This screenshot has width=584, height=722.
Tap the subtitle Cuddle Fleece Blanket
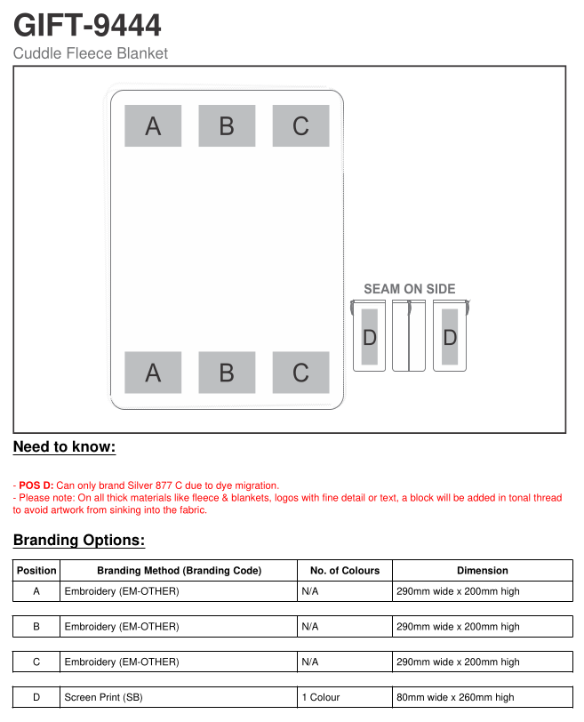click(x=90, y=53)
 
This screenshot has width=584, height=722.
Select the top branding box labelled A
click(x=153, y=126)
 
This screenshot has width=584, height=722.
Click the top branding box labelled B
click(x=227, y=126)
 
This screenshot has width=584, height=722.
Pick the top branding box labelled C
click(x=300, y=126)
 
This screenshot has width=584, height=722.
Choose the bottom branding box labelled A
click(x=153, y=373)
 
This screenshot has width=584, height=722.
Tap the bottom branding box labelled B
click(x=227, y=373)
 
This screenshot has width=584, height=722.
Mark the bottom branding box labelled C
click(x=300, y=373)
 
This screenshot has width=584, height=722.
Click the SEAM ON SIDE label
click(x=409, y=289)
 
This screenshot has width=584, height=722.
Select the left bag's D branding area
click(x=370, y=337)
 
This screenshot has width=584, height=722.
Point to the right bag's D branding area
click(x=450, y=337)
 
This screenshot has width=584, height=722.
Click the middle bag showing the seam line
click(x=409, y=335)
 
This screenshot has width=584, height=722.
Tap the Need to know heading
click(x=64, y=447)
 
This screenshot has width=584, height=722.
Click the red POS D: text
click(x=36, y=485)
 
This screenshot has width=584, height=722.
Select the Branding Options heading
click(x=79, y=541)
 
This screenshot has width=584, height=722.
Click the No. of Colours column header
click(x=344, y=571)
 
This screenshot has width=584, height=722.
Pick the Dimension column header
click(x=482, y=571)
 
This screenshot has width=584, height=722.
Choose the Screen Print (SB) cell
click(x=103, y=698)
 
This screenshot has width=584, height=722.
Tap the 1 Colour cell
click(x=321, y=698)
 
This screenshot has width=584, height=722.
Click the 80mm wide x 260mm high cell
click(x=455, y=698)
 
